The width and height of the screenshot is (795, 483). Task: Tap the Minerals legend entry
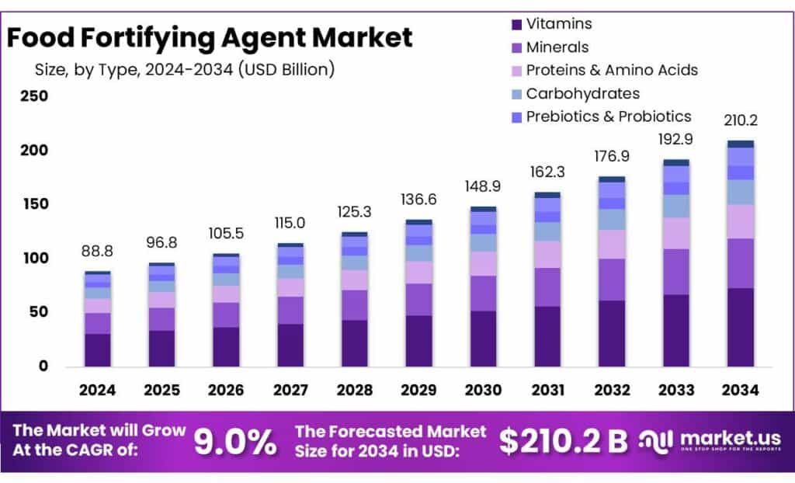557,47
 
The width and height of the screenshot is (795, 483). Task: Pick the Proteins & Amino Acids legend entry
612,70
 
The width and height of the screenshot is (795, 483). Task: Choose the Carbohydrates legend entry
582,93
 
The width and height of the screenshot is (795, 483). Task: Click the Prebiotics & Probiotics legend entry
608,116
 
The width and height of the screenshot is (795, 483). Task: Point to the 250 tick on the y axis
33,96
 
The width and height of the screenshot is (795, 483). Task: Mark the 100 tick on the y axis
33,258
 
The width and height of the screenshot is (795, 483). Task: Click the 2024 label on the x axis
97,390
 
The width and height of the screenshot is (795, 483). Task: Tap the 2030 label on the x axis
482,390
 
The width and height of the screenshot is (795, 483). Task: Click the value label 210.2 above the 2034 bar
740,121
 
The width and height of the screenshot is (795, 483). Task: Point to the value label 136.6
418,200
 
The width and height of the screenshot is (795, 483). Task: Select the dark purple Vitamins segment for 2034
740,327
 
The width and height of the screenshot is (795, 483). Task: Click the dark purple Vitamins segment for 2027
290,345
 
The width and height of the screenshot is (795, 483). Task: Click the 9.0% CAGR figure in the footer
235,443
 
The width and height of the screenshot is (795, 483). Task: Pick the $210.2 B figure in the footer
563,441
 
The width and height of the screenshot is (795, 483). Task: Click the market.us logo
710,441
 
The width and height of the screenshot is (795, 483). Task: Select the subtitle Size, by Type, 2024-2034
185,69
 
